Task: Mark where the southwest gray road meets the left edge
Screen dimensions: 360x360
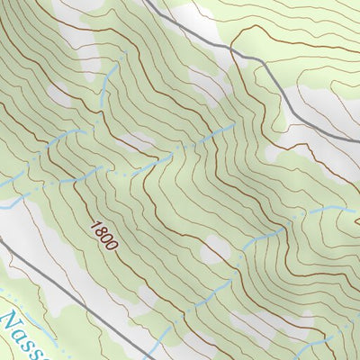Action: pyautogui.click(x=1, y=241)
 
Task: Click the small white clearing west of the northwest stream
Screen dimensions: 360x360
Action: pyautogui.click(x=58, y=94)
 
